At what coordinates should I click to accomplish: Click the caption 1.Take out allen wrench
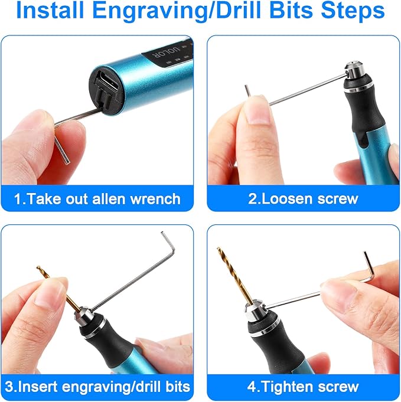pos(98,198)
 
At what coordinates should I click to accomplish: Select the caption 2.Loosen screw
pos(303,198)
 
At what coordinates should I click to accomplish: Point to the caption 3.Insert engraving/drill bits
pos(98,387)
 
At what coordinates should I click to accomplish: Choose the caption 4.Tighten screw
pos(303,387)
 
